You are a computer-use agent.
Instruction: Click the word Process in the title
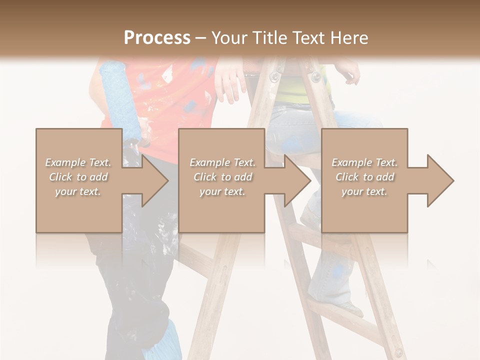pos(157,37)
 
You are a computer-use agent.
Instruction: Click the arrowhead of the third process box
pos(437,180)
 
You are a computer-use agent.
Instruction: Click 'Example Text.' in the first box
pos(78,162)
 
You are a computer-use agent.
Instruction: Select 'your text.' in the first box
pos(78,191)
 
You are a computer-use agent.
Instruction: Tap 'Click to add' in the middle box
pos(222,177)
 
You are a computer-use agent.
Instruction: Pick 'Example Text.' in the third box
pos(364,162)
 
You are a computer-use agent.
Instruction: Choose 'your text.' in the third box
pos(364,191)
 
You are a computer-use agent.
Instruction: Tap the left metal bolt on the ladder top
pos(274,76)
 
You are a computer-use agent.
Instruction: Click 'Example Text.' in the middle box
pos(222,162)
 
